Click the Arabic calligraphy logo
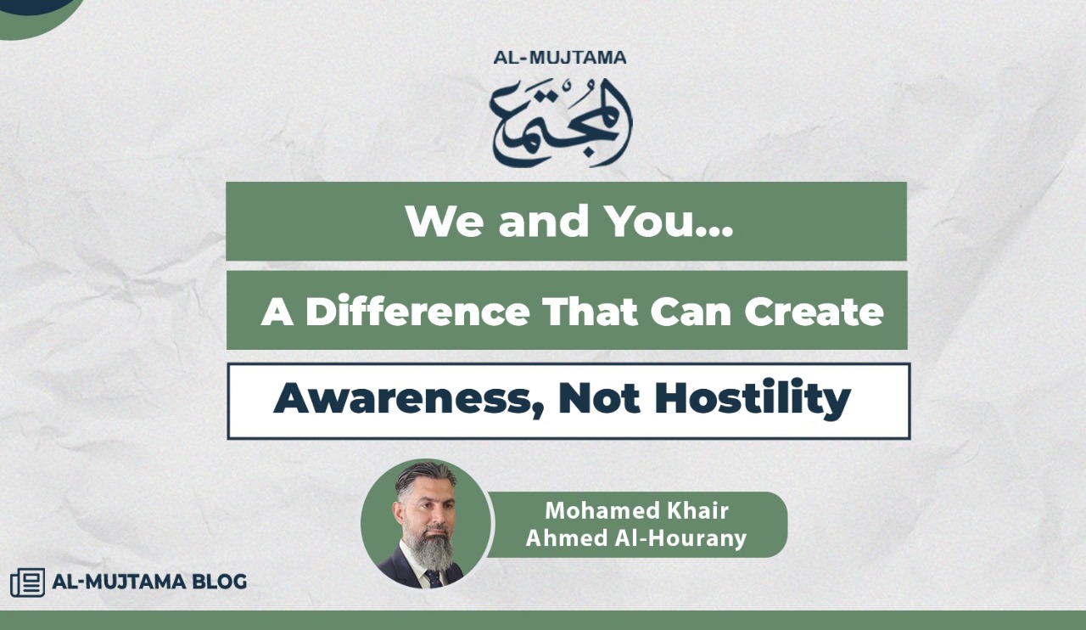pos(561,123)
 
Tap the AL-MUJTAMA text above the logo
pos(560,58)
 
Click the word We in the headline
pos(444,222)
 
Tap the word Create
pos(814,312)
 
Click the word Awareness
pos(408,399)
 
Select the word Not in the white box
pos(599,398)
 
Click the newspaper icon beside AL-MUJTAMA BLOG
pos(28,582)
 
